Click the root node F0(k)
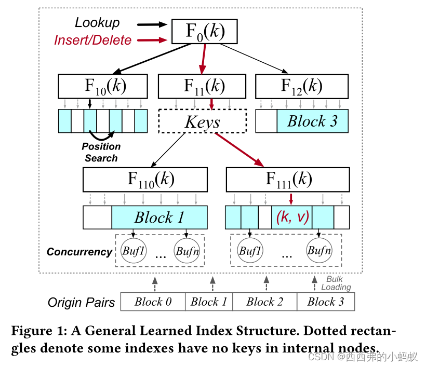pos(205,32)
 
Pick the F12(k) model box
pos(301,86)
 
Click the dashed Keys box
pos(202,123)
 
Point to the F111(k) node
pos(288,180)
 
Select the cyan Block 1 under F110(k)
pos(159,217)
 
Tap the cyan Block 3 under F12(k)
pos(312,121)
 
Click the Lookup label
pos(97,23)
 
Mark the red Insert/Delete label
pos(92,40)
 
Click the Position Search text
pos(101,152)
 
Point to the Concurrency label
pos(79,252)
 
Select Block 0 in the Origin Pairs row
pos(153,302)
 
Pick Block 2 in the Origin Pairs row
pos(264,302)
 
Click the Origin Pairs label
pos(81,302)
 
